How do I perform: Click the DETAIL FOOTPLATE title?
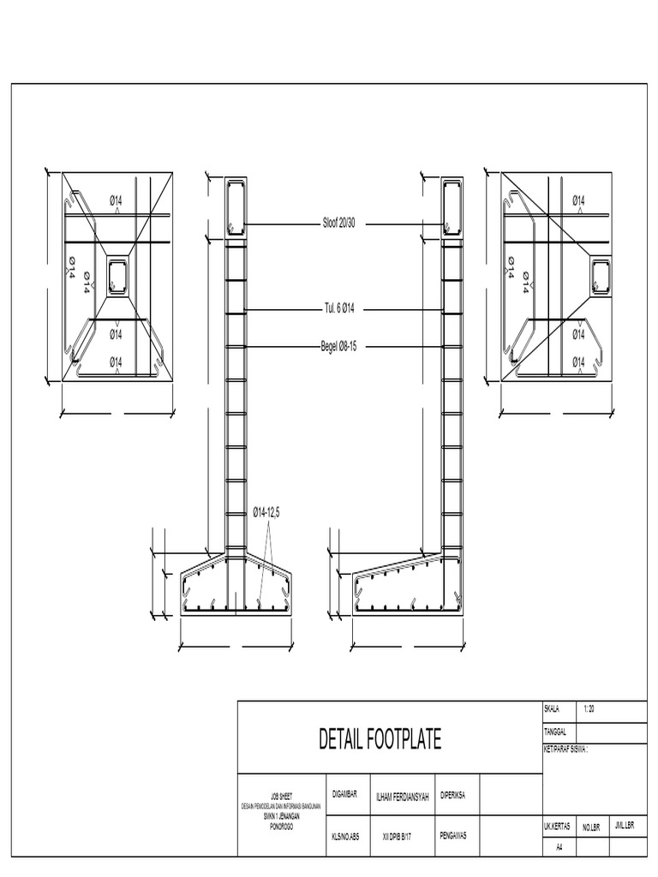(380, 739)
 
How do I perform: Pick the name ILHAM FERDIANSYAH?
(403, 797)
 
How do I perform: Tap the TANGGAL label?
(555, 731)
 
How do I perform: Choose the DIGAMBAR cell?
(344, 795)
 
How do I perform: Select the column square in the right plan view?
(603, 276)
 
